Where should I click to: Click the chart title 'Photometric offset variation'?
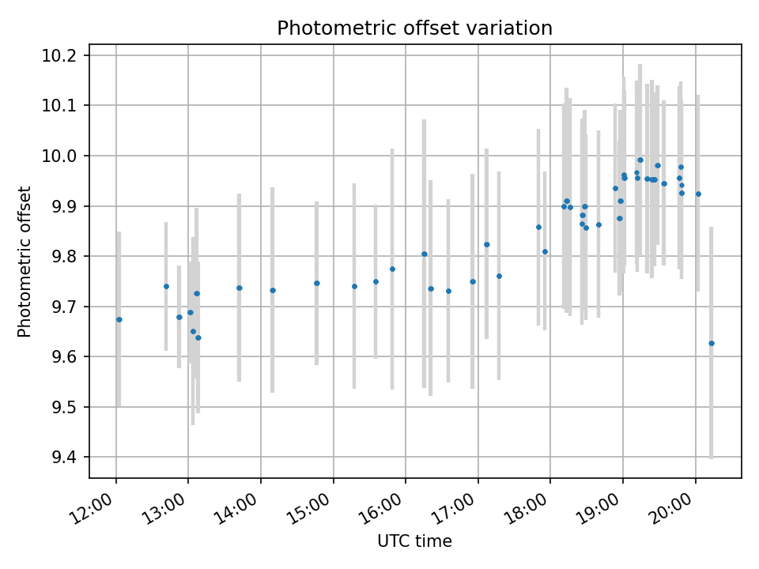(x=414, y=28)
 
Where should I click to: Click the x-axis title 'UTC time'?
(x=414, y=541)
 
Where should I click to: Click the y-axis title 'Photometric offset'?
(x=25, y=262)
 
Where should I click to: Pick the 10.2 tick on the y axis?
(x=61, y=55)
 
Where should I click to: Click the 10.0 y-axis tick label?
(x=61, y=156)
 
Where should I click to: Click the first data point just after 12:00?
(x=119, y=319)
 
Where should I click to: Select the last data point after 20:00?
(x=712, y=343)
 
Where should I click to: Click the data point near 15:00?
(x=317, y=283)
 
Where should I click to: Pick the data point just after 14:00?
(x=273, y=290)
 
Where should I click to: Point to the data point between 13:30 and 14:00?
(x=240, y=288)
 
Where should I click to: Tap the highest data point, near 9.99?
(x=640, y=160)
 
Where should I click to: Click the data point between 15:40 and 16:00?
(x=392, y=269)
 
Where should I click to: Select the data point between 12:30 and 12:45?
(x=166, y=286)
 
